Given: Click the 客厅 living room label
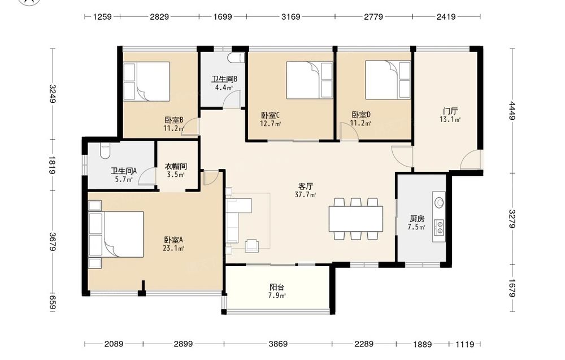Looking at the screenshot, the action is click(x=305, y=186).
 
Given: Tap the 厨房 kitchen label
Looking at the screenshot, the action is click(x=416, y=219).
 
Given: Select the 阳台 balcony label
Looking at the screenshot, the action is click(x=277, y=287).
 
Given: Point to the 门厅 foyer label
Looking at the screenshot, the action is click(x=450, y=111).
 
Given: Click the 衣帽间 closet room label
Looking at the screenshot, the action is click(x=176, y=167).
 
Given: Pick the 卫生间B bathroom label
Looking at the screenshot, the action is click(x=224, y=79).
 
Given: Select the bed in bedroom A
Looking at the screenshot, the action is click(x=116, y=234).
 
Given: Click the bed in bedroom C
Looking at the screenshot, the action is click(x=310, y=80).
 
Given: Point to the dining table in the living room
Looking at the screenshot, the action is click(x=355, y=219).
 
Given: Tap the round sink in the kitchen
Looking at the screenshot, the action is click(x=439, y=202).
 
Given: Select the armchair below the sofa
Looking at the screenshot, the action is click(x=251, y=245).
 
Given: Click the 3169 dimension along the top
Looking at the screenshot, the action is click(x=291, y=16).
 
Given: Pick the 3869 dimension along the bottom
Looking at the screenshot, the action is click(x=278, y=344).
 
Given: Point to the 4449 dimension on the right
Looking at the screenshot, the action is click(x=512, y=111).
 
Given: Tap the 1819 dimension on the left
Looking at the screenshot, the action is click(x=53, y=165).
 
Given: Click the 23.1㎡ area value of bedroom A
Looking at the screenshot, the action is click(x=173, y=248).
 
